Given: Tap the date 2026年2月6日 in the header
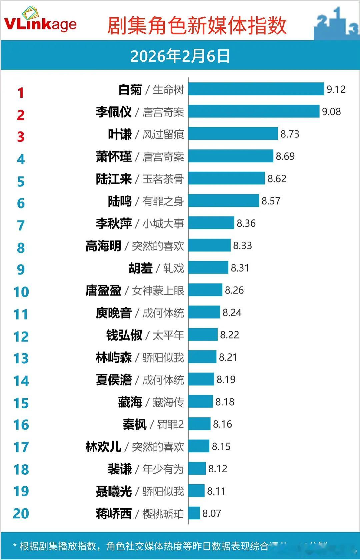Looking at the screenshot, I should click(x=180, y=56).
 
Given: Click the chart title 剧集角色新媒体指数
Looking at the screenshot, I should click(x=197, y=26).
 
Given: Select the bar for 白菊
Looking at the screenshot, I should click(x=256, y=89).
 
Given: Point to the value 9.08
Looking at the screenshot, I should click(x=331, y=112).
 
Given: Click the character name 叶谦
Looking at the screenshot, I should click(x=120, y=134).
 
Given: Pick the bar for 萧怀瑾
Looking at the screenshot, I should click(x=231, y=156).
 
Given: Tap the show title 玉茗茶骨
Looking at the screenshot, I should click(x=163, y=179).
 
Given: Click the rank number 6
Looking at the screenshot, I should click(x=21, y=203).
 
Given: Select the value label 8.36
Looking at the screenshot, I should click(x=246, y=223).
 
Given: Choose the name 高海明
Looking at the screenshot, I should click(x=103, y=246).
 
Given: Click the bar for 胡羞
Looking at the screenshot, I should click(x=208, y=267).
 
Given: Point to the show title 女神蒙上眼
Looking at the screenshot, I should click(x=158, y=291).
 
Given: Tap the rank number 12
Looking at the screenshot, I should click(x=21, y=337).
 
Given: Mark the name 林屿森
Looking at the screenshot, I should click(x=114, y=357).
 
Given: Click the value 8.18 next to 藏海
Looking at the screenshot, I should click(x=225, y=402).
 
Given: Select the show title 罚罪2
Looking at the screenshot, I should click(x=170, y=425).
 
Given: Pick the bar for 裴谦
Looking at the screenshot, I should click(x=197, y=468).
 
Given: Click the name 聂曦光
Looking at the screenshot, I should click(x=114, y=491).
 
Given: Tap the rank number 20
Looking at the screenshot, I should click(x=21, y=514).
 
